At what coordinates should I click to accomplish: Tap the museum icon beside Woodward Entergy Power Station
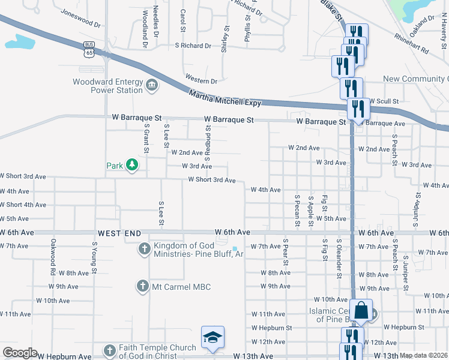pos(151,85)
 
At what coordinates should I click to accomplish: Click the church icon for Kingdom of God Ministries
pos(144,248)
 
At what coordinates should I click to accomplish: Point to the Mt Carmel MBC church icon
pos(143,286)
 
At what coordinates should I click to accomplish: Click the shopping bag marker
pos(361,311)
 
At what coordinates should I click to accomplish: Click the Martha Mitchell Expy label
pos(225,98)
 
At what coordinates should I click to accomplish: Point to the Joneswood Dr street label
pos(81,19)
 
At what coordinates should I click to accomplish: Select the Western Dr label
pos(201,80)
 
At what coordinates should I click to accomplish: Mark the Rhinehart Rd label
pos(411,43)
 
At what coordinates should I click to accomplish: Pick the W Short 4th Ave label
pos(23,205)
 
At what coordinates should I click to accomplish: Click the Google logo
pos(19,353)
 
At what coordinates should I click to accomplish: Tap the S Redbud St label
pos(208,139)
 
